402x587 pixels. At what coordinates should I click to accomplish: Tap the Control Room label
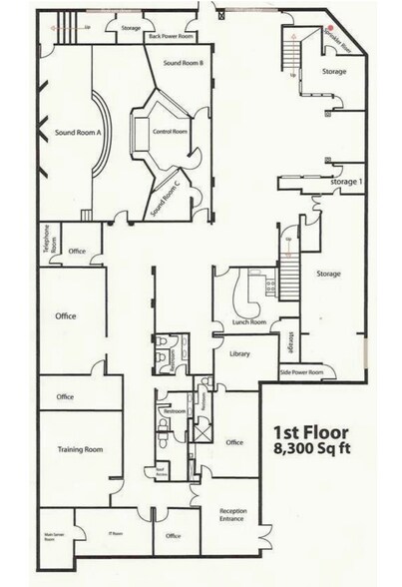(x=172, y=131)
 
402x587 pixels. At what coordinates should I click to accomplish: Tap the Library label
(x=237, y=354)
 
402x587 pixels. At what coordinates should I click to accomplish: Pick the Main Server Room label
(x=50, y=538)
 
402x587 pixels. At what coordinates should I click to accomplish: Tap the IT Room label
(x=116, y=534)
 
